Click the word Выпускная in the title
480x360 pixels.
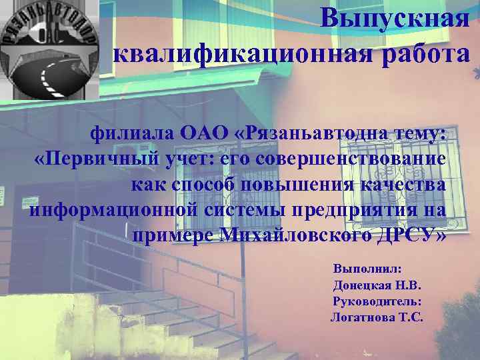(x=394, y=18)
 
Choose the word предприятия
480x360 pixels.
(x=366, y=209)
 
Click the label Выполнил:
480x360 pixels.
(x=367, y=268)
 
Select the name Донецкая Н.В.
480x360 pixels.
(x=377, y=285)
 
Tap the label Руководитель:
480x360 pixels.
(x=377, y=301)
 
